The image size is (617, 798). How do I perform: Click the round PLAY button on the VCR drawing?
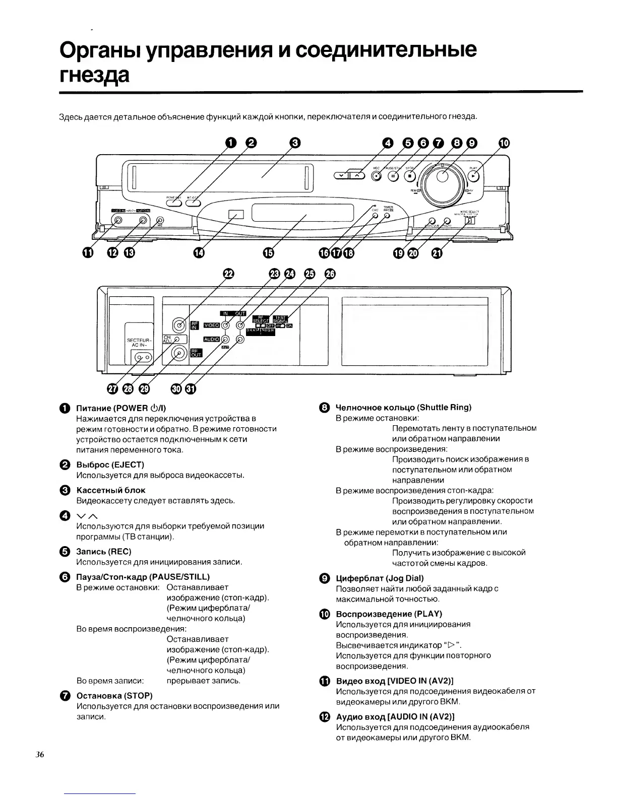click(x=473, y=176)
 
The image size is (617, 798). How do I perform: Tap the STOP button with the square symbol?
click(x=410, y=176)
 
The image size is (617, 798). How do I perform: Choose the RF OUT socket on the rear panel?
click(x=179, y=353)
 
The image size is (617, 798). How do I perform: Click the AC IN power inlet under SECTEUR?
click(x=141, y=358)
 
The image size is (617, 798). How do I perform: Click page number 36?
click(x=40, y=755)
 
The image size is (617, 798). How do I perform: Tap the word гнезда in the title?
click(x=94, y=76)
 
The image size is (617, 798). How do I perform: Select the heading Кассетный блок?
click(x=110, y=490)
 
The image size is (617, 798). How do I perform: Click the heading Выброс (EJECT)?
click(x=110, y=464)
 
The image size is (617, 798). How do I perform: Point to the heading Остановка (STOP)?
click(x=114, y=696)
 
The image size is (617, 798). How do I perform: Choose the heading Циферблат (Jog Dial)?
click(x=379, y=578)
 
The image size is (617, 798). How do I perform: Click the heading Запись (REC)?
click(x=103, y=551)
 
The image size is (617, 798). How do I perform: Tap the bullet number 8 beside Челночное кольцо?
click(x=325, y=408)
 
